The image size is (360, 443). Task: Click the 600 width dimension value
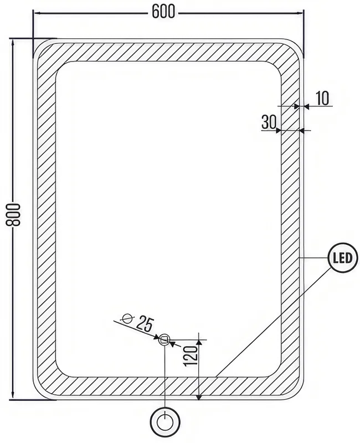tap(163, 12)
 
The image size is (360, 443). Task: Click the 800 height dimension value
tap(13, 214)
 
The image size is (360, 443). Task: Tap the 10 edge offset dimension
tap(322, 98)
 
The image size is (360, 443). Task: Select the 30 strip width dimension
tap(269, 122)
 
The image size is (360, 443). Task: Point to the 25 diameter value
tap(145, 324)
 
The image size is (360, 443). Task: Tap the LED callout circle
tap(343, 257)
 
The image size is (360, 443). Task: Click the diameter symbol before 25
tap(128, 318)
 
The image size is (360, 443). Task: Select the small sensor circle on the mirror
tap(164, 339)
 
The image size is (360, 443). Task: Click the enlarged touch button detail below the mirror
tap(165, 423)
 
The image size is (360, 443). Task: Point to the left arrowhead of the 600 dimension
tap(37, 13)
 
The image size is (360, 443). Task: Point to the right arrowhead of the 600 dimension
tap(300, 13)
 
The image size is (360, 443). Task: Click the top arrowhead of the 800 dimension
tap(13, 43)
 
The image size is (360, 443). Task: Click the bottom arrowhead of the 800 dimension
tap(13, 396)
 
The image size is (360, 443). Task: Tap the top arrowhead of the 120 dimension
tap(199, 343)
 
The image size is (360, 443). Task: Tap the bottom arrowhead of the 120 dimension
tap(199, 396)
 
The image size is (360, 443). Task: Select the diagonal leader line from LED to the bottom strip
tap(273, 322)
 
